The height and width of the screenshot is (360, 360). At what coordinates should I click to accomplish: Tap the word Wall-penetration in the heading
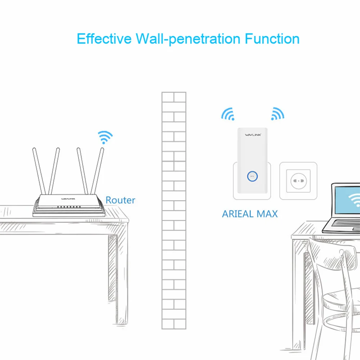coord(188,39)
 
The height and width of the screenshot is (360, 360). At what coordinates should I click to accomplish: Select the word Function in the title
coord(272,39)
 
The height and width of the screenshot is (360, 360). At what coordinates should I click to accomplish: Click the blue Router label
coord(120,200)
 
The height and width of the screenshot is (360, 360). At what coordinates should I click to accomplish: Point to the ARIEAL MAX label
coord(250,214)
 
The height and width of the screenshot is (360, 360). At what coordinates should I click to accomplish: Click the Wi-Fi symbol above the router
coord(105,137)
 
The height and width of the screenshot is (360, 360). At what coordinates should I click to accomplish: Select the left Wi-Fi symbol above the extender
coord(228,113)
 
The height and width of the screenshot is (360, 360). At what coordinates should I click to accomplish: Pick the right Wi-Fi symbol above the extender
coord(277,113)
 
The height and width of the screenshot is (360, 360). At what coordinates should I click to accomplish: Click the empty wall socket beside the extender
coord(298,180)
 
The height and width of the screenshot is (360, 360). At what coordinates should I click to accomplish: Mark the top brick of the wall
coord(174,97)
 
